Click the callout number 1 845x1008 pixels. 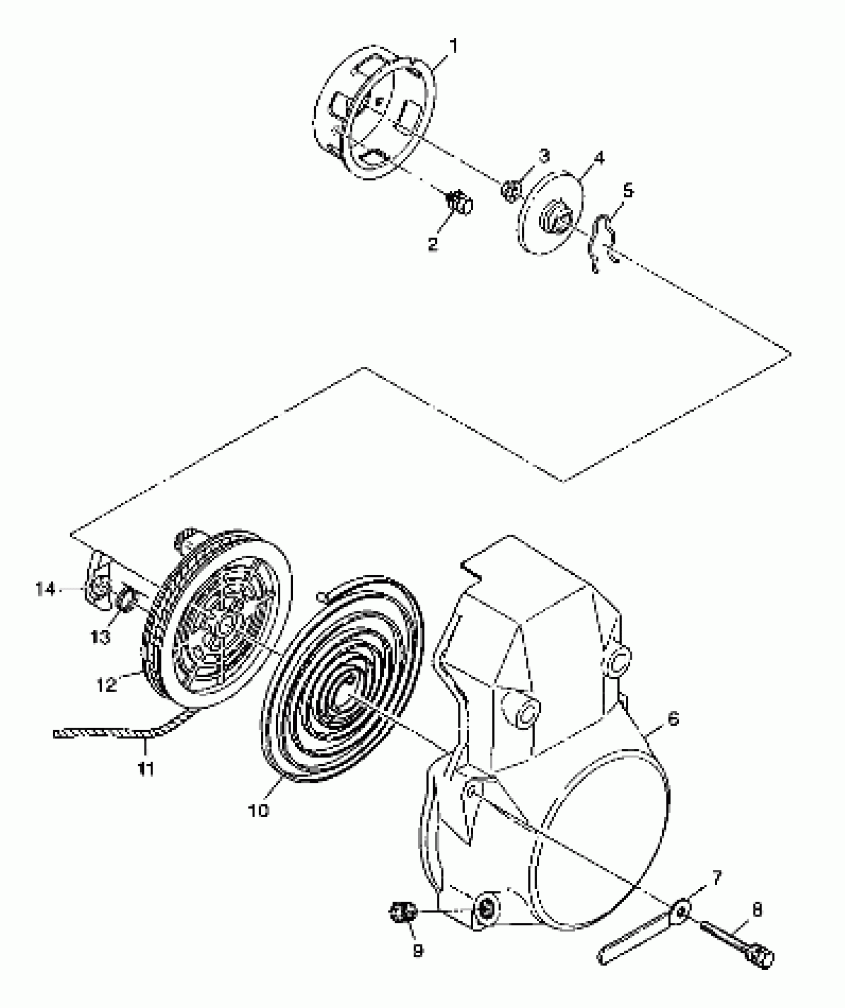coord(452,47)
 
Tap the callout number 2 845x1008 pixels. coord(432,244)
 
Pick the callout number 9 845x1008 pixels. coord(418,951)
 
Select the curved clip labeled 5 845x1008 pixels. coord(602,239)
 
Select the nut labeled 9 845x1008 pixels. coord(402,912)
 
